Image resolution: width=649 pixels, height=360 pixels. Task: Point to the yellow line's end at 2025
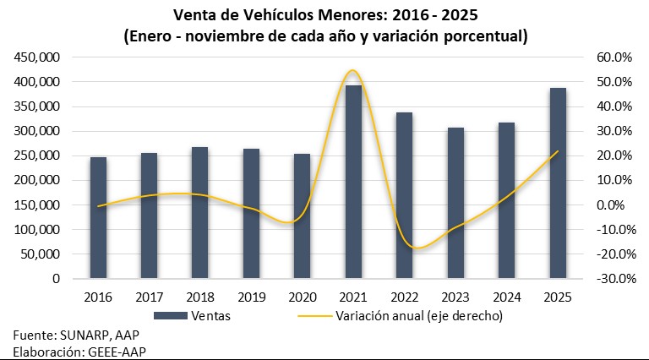[x=557, y=152]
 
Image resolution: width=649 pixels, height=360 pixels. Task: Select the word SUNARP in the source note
[x=84, y=335]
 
